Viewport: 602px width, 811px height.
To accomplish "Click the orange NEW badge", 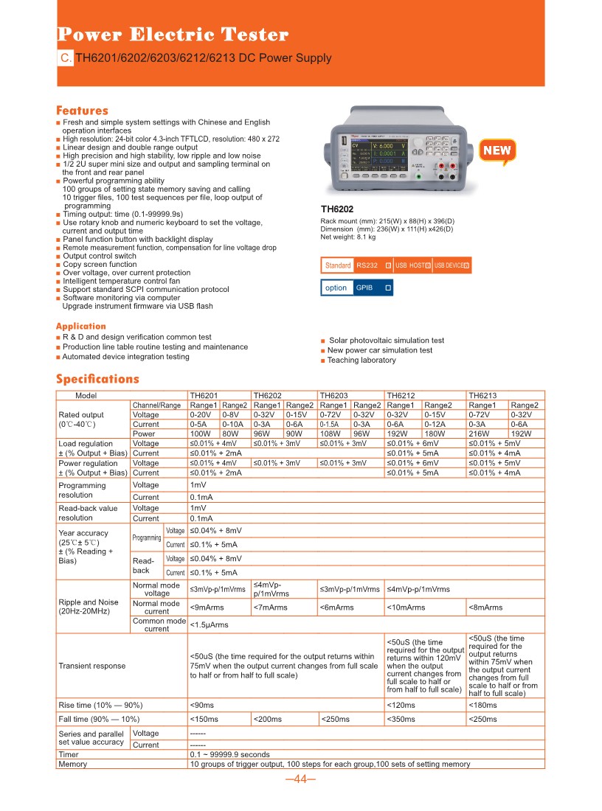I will click(497, 150).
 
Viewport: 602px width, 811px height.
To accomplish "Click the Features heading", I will click(82, 111).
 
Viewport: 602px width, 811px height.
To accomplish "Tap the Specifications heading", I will click(97, 379).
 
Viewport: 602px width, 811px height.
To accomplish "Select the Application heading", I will click(81, 326).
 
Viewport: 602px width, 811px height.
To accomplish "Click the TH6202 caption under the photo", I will click(337, 209).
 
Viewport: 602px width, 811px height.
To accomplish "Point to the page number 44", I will click(300, 779).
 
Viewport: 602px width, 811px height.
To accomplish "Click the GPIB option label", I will click(364, 288).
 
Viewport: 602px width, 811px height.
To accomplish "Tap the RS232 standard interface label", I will click(367, 265).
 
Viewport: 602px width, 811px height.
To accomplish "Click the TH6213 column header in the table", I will click(482, 395).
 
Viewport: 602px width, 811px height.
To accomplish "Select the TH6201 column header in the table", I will click(204, 395).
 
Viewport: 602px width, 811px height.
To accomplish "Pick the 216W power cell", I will click(481, 434).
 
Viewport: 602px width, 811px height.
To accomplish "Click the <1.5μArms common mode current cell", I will click(210, 624).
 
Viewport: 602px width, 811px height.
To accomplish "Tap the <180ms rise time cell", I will click(483, 706).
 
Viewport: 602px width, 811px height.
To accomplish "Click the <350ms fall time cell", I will click(401, 719).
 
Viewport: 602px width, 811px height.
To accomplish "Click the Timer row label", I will click(69, 754).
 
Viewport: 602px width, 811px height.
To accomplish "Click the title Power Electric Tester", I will click(173, 35).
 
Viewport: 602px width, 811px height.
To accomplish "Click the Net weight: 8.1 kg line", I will click(347, 237).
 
